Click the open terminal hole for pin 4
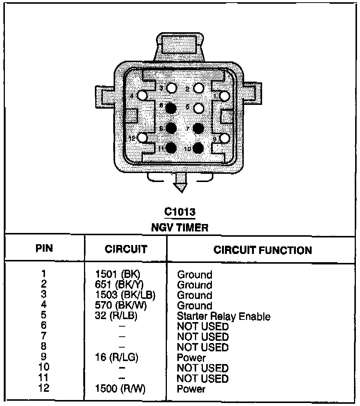[x=143, y=96]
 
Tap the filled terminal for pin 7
[x=198, y=128]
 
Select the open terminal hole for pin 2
[x=199, y=88]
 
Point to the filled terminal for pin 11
[x=171, y=148]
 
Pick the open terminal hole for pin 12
[x=143, y=137]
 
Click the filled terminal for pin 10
[x=198, y=148]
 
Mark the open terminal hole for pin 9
[x=225, y=138]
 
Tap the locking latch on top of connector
[x=181, y=47]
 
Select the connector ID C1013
[x=180, y=212]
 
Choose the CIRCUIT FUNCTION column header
[x=262, y=250]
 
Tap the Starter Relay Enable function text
[x=223, y=316]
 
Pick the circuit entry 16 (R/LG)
[x=117, y=358]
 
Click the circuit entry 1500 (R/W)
[x=120, y=389]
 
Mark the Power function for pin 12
[x=191, y=389]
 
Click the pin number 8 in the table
[x=44, y=347]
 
